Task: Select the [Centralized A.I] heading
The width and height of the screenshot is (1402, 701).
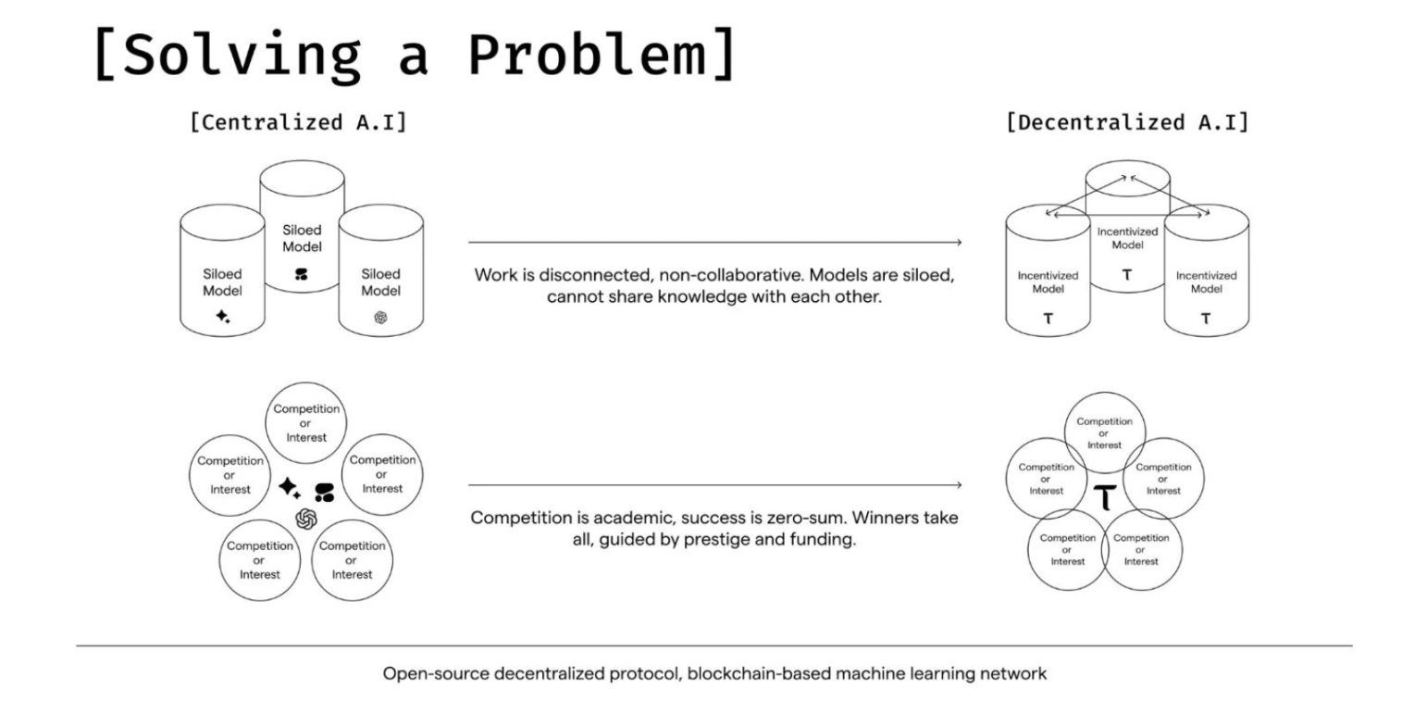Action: point(298,122)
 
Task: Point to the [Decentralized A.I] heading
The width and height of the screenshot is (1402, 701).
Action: point(1127,122)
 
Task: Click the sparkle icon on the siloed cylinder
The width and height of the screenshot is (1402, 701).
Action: point(222,317)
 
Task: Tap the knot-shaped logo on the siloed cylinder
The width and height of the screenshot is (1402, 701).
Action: point(380,317)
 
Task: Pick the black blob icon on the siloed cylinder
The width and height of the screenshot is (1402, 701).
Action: point(302,274)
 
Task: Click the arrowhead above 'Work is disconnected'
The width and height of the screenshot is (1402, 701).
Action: point(959,243)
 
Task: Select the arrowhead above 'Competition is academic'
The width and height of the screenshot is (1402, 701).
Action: point(959,485)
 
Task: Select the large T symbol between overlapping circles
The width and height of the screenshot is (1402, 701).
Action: point(1105,498)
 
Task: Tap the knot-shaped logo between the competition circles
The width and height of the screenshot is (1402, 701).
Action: point(306,519)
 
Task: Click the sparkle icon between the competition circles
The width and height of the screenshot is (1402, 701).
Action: point(290,487)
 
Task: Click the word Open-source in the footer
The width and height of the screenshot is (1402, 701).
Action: point(436,674)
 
